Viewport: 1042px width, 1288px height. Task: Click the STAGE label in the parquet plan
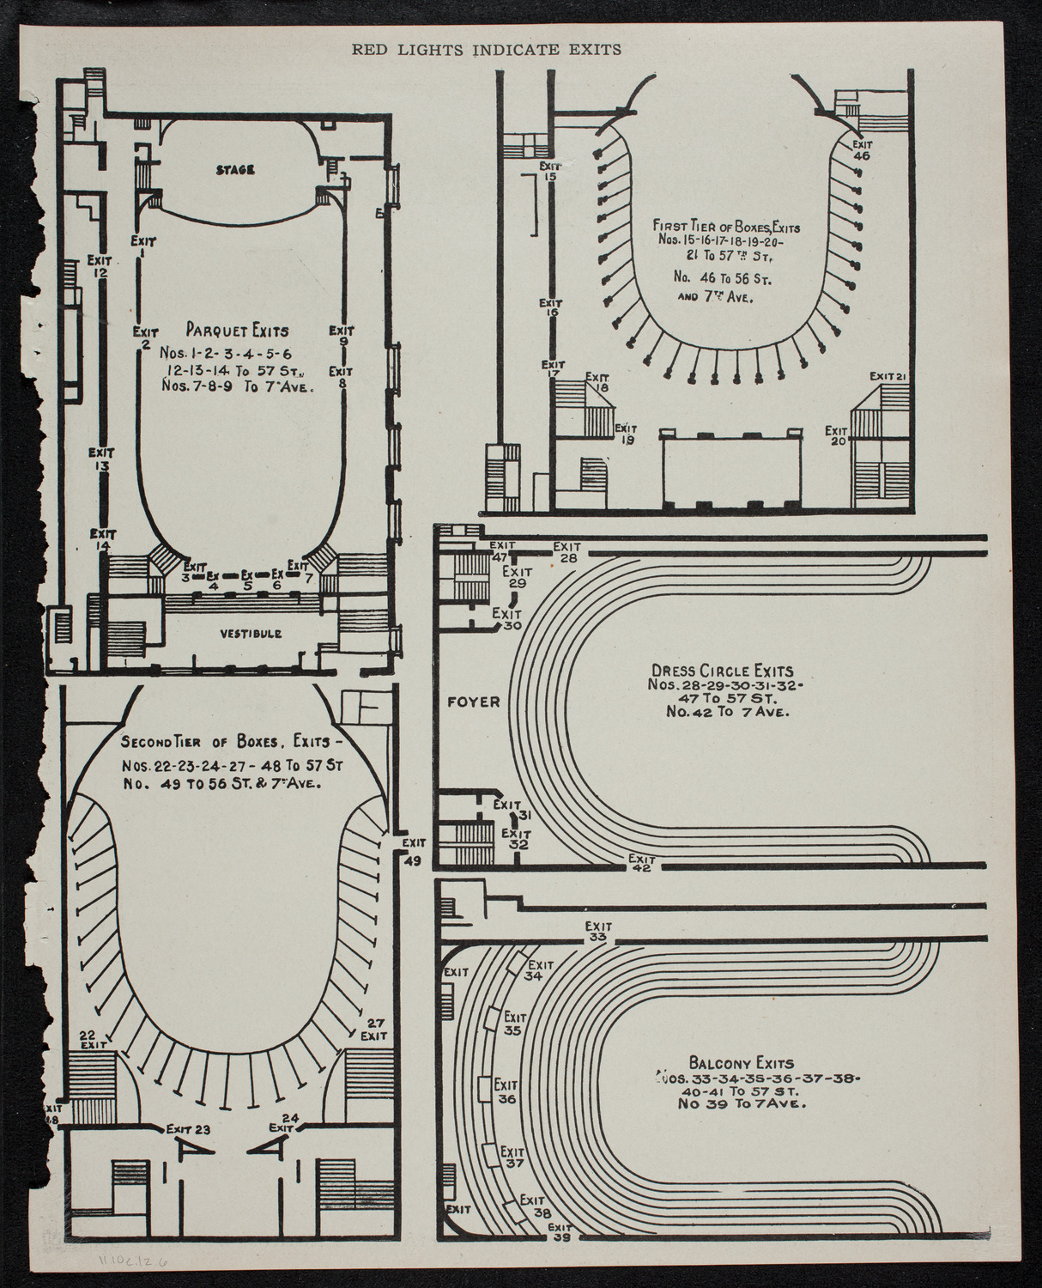point(234,170)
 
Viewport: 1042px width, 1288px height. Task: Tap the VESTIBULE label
point(251,634)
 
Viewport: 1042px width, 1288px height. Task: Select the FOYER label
point(473,702)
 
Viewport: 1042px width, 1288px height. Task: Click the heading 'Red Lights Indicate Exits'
point(487,50)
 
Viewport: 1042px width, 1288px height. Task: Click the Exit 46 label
point(862,151)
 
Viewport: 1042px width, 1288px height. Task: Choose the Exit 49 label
point(413,854)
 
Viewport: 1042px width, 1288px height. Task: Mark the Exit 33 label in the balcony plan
point(598,932)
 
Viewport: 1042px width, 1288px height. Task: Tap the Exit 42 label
point(641,863)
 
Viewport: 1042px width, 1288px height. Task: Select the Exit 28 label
point(566,552)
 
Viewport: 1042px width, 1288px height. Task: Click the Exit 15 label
point(549,171)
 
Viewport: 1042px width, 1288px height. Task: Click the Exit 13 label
point(101,459)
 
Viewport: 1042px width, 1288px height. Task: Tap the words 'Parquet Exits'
point(237,330)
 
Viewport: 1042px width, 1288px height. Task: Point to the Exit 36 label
point(506,1091)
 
